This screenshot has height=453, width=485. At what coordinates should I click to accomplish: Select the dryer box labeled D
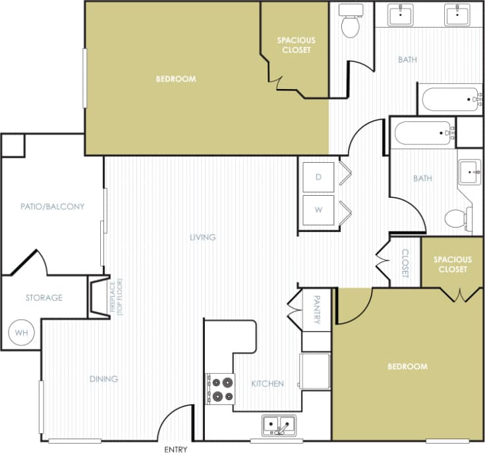[319, 177]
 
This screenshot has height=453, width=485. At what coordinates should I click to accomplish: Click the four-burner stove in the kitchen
[221, 388]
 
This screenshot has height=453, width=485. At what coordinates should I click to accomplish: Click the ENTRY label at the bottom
[175, 449]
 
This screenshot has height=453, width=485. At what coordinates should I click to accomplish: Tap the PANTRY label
[317, 309]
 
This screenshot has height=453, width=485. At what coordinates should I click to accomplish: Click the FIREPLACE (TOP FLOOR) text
[117, 297]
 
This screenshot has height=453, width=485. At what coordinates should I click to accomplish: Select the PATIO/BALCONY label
[52, 206]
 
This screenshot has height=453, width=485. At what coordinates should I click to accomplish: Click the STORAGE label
[44, 297]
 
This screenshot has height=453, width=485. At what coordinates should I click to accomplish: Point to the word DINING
[103, 378]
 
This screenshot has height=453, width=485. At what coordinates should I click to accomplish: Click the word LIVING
[203, 237]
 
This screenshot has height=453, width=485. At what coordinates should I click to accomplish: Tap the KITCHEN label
[268, 383]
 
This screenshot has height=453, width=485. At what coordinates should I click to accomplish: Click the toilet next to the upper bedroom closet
[349, 24]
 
